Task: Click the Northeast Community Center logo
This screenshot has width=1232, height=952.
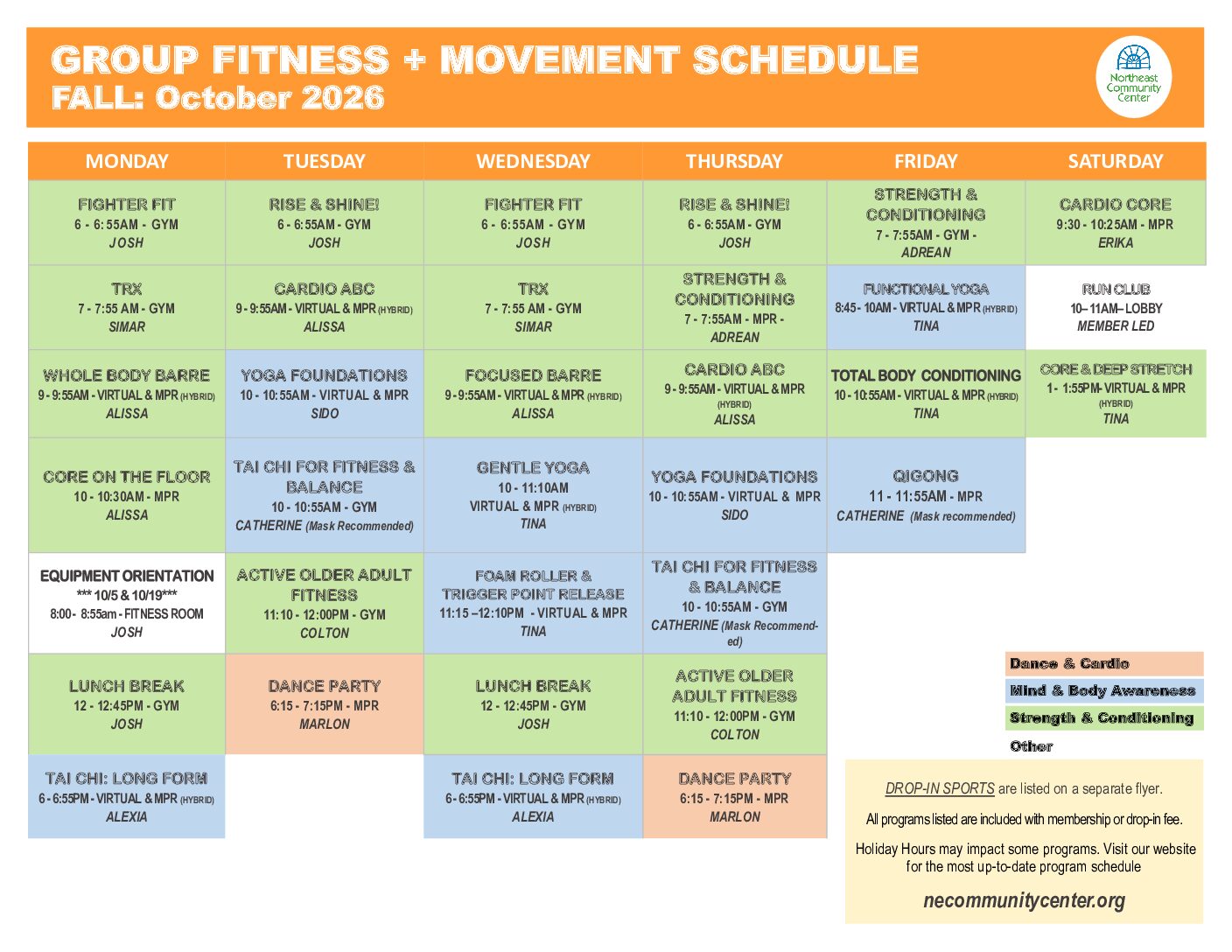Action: click(1133, 76)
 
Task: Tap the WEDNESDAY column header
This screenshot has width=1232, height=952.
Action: click(533, 161)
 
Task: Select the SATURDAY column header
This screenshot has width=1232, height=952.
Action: click(1116, 161)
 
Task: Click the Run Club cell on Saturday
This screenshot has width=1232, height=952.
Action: click(1116, 307)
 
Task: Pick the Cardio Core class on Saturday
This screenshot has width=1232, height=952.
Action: click(1116, 223)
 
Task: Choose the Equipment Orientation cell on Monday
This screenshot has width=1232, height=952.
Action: click(127, 603)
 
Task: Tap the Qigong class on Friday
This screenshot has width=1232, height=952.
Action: click(926, 495)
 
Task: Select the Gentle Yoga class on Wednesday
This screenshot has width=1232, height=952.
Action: click(533, 495)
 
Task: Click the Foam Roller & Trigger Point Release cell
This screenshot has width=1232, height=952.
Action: click(533, 603)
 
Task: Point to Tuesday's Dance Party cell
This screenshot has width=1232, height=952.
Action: click(325, 704)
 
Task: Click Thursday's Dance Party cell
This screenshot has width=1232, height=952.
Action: click(735, 796)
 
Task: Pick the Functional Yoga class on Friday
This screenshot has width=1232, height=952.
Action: click(926, 307)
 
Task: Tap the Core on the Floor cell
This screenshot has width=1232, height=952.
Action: click(127, 495)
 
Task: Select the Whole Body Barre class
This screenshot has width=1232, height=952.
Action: click(127, 394)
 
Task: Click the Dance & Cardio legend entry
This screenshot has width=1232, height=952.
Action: click(1104, 663)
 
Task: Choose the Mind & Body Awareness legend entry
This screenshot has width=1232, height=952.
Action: click(1104, 690)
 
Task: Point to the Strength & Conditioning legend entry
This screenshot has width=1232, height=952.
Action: click(1104, 717)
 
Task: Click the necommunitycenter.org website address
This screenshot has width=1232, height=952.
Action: click(1024, 900)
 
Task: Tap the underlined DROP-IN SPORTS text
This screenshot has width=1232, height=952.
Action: click(940, 788)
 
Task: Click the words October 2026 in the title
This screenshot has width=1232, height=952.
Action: click(269, 97)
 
